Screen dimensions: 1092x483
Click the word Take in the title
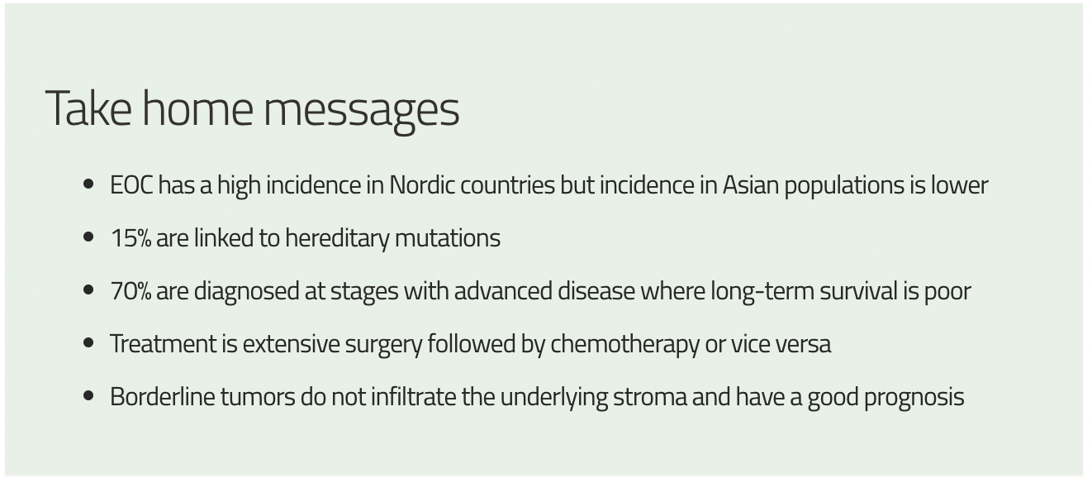pos(88,108)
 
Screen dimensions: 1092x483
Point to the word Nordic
pos(422,185)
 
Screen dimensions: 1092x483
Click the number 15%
pos(131,238)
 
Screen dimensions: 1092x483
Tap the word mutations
pos(448,238)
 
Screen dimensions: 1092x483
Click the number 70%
pos(131,291)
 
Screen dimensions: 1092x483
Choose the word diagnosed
pos(247,292)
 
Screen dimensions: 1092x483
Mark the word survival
pos(858,291)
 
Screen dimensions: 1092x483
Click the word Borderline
pos(163,396)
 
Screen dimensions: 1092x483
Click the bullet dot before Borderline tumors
pos(88,395)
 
